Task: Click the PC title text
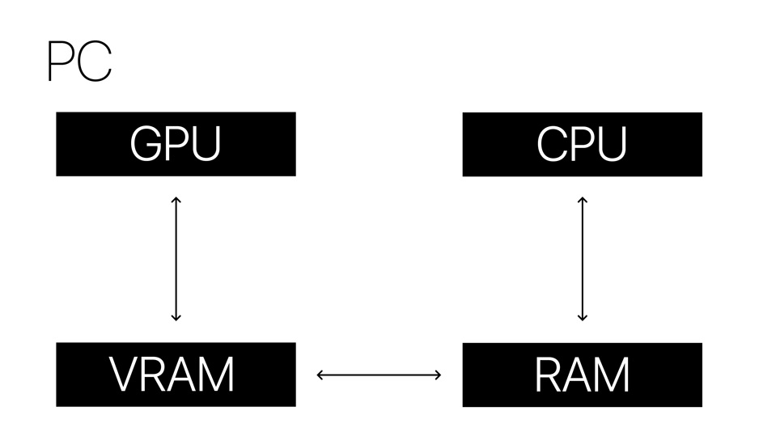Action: [79, 61]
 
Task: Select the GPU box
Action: [176, 144]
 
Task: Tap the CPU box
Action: [582, 144]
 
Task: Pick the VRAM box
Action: [176, 374]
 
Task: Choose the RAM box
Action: [582, 374]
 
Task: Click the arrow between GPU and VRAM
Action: [176, 258]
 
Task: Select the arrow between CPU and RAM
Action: [582, 258]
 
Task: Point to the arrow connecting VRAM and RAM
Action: [379, 374]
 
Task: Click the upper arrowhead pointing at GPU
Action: [176, 199]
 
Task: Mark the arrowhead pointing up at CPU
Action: [582, 199]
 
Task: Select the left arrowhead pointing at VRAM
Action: [320, 374]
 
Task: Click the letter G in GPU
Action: [146, 145]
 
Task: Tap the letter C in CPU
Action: [551, 145]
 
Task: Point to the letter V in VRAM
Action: [125, 375]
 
